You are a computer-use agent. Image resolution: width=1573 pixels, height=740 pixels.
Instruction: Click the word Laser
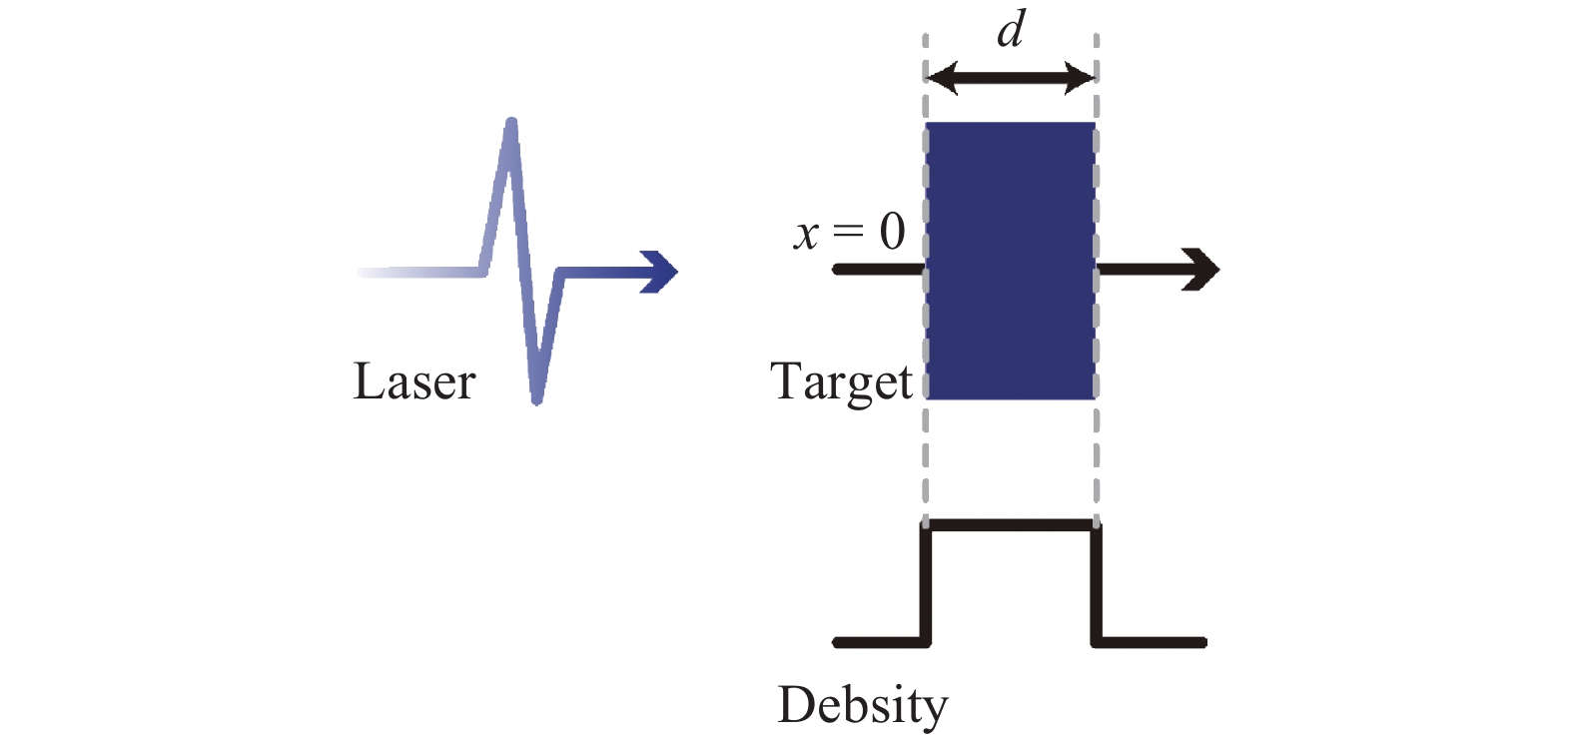coord(414,381)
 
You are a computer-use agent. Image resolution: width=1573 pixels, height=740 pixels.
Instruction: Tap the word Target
coord(841,382)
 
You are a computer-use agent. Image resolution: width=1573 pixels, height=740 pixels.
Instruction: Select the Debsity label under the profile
coord(863,706)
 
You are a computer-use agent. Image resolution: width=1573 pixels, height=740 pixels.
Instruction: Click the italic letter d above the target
coord(1011,30)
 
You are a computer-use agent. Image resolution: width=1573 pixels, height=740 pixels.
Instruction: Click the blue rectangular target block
coord(1011,261)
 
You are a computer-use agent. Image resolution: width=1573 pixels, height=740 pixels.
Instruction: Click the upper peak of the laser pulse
coord(511,124)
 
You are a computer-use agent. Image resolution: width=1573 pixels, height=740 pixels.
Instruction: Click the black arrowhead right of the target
coord(1200,269)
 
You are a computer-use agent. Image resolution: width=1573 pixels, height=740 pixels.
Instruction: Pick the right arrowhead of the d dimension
coord(1080,77)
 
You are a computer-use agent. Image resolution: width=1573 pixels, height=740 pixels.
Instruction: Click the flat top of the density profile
coord(1011,525)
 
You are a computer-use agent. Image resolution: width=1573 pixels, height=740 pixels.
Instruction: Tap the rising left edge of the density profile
coord(926,583)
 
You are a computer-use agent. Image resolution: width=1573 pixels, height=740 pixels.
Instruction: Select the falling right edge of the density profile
coord(1097,583)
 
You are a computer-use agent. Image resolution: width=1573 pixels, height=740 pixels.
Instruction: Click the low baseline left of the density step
coord(881,642)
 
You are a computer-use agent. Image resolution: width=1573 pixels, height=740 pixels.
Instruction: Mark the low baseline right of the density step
coord(1150,642)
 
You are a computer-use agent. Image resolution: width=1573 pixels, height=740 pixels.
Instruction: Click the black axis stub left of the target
coord(879,269)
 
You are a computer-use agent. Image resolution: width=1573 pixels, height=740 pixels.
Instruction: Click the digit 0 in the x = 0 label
coord(893,232)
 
